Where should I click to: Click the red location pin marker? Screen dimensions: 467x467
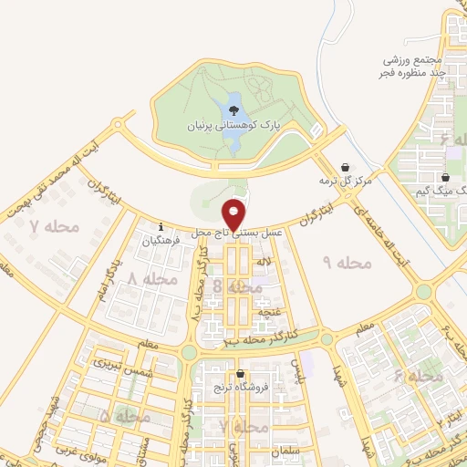[234, 214]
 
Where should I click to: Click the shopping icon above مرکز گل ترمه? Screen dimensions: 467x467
[345, 168]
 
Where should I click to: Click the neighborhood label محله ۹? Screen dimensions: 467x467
[348, 263]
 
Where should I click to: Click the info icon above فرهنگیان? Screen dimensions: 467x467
[161, 227]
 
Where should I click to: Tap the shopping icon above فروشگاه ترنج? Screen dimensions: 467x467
[240, 373]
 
